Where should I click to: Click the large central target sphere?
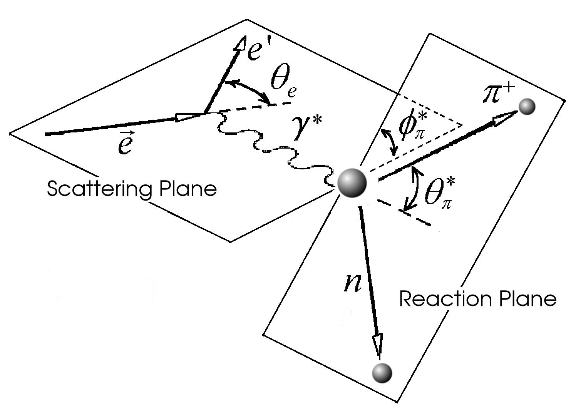click(x=352, y=184)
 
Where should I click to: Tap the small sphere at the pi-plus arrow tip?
click(x=527, y=107)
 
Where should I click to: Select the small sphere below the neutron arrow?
click(x=382, y=373)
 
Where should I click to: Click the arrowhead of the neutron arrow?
click(x=378, y=344)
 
